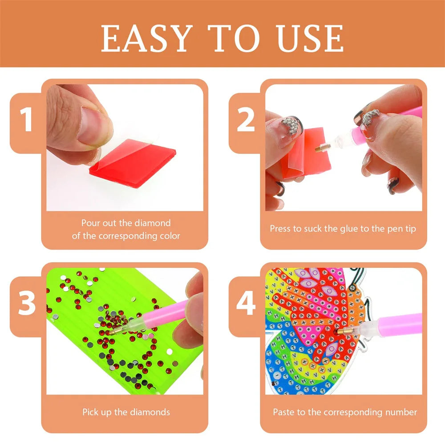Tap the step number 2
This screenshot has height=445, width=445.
246,121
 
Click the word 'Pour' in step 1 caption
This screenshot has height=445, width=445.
90,223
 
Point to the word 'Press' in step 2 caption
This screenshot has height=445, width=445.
281,229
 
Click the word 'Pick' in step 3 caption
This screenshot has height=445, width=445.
90,412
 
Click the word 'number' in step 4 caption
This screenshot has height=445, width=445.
401,412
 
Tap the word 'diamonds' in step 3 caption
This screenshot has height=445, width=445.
151,412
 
